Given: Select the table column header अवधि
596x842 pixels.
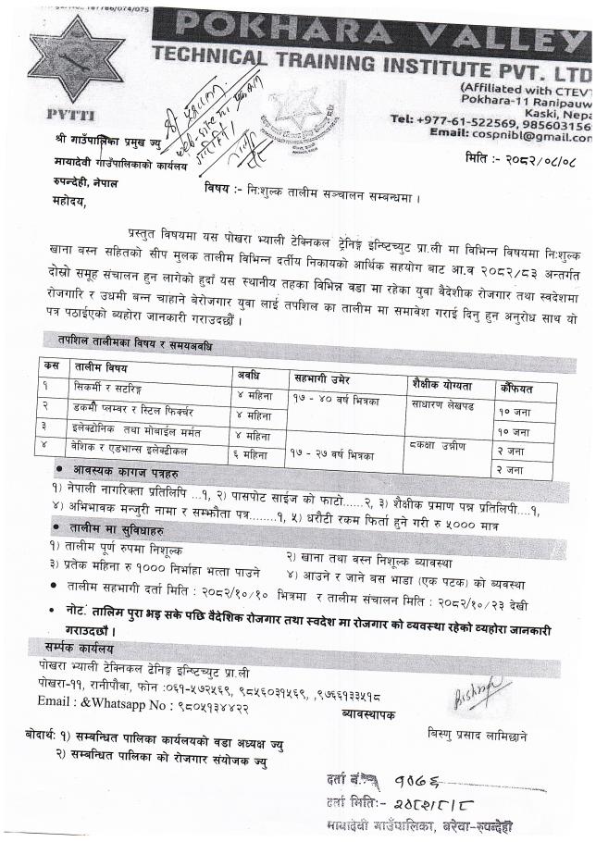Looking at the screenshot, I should click(x=248, y=376).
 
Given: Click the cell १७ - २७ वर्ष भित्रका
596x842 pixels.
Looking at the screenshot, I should click(x=331, y=454).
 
